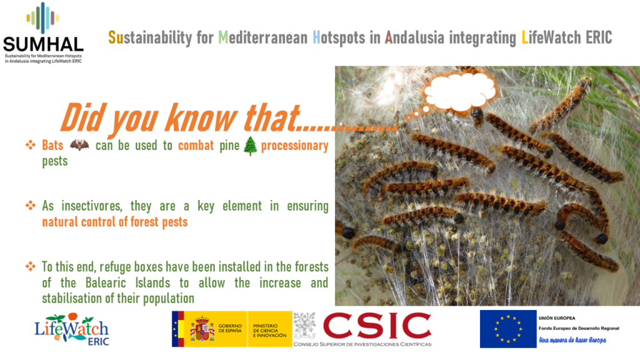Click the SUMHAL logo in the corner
coord(43,32)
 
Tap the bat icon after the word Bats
coord(79,144)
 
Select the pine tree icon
coord(250,146)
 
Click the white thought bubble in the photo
coord(460,91)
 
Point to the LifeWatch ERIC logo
coord(72,329)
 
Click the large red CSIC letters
coord(377,326)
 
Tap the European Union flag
coord(508,329)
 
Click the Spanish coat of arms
coord(202,329)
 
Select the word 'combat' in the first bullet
coord(196,145)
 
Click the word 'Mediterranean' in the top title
coord(263,37)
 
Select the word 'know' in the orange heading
coord(201,118)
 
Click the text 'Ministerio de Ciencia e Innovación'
coord(270,331)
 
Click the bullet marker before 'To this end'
coord(30,266)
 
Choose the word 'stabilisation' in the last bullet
coord(72,298)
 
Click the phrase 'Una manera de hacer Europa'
coord(572,340)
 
